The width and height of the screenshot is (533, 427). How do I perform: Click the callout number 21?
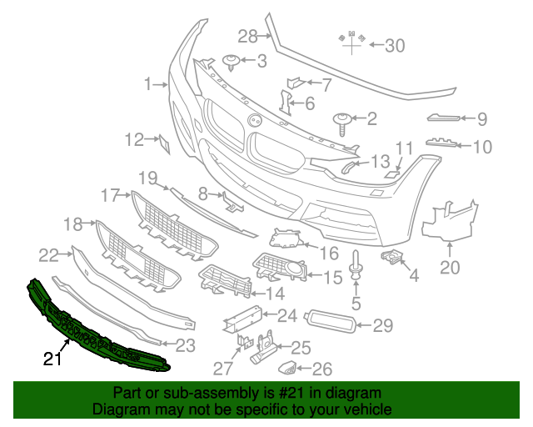click(52, 359)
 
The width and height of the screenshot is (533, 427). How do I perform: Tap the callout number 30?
click(394, 46)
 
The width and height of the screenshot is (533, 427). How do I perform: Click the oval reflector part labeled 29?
click(331, 322)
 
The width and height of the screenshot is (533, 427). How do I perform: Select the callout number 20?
click(450, 268)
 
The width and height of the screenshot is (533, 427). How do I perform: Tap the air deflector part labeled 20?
click(448, 217)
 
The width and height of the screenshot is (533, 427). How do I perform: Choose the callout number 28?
click(248, 35)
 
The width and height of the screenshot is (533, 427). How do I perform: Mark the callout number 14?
click(274, 293)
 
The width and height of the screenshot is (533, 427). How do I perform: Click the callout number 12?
click(135, 139)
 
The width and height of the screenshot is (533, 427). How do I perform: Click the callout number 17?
click(111, 195)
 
